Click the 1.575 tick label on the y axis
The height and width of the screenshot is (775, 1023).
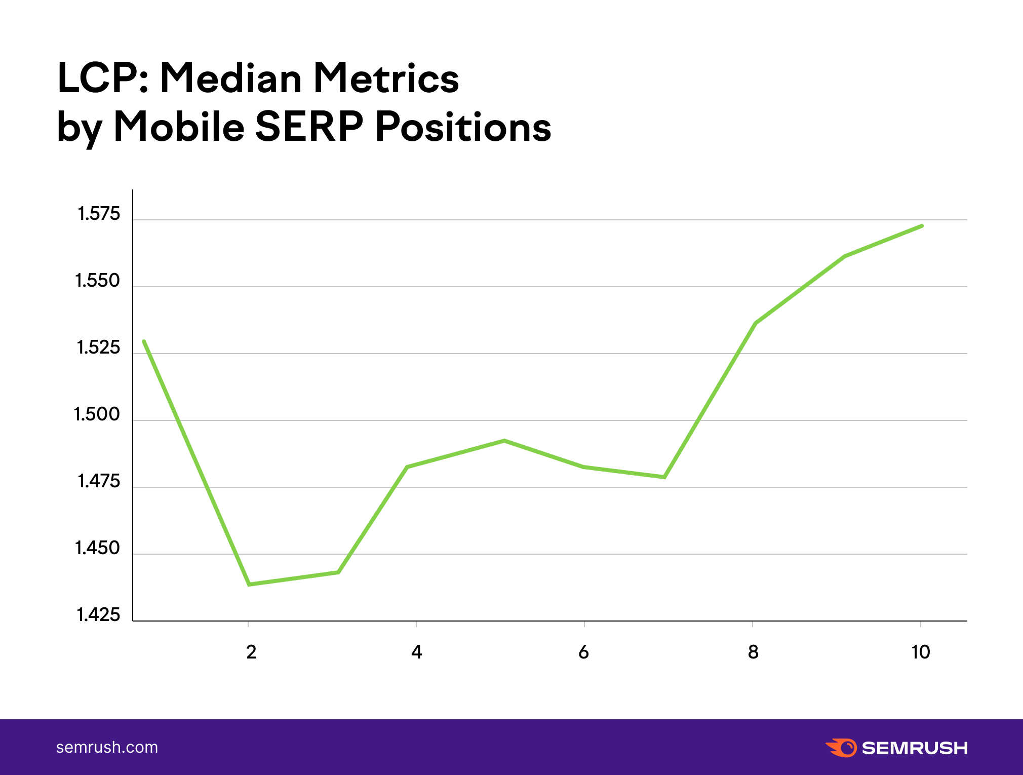98,214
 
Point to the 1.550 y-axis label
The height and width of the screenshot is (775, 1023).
97,281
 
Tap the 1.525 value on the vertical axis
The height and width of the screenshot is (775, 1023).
98,347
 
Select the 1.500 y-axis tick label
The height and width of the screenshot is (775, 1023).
97,414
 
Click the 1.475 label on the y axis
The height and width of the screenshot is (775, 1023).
98,481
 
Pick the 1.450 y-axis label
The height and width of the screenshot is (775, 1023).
97,548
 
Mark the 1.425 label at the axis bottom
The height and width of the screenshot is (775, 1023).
98,615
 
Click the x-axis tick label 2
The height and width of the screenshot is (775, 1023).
251,652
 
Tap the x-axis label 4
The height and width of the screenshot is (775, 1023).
416,652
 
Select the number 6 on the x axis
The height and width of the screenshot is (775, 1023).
583,652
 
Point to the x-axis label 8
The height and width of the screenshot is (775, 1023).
753,652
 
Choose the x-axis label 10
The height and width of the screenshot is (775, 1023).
921,652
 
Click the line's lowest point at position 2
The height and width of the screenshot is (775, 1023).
249,585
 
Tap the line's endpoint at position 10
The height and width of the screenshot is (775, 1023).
922,226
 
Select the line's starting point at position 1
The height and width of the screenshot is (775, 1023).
144,341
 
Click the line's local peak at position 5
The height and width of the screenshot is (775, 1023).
504,441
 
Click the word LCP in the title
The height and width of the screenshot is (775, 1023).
103,78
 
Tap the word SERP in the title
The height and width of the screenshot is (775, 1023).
309,126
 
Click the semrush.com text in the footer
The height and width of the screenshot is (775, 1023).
107,747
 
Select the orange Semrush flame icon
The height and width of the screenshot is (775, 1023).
841,748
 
